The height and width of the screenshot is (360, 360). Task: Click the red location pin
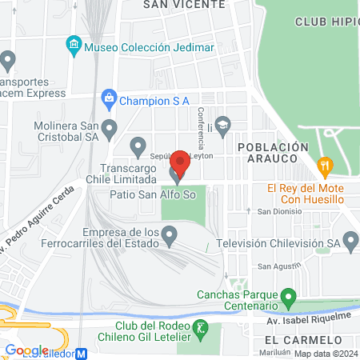[180, 162]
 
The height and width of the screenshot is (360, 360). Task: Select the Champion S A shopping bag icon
[109, 100]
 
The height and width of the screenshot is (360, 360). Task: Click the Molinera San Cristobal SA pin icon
[110, 127]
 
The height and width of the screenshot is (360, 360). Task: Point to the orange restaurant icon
[324, 166]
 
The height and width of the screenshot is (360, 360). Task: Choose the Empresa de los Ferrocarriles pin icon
[169, 234]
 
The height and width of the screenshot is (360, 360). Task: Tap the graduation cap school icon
[222, 125]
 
